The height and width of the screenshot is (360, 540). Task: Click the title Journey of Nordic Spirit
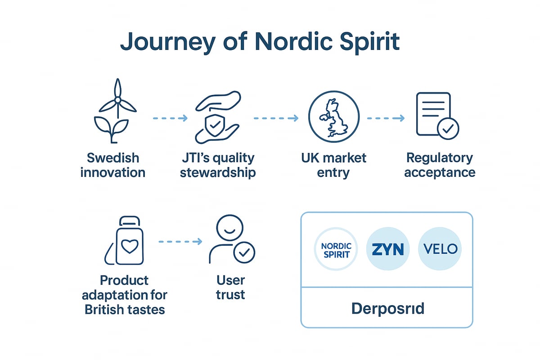click(260, 42)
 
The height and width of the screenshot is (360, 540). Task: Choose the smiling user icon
click(230, 241)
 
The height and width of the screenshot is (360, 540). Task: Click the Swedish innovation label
click(113, 165)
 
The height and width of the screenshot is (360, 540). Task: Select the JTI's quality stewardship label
click(218, 165)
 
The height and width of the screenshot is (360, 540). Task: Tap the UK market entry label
click(333, 165)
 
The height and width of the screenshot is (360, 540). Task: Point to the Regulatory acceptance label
click(440, 165)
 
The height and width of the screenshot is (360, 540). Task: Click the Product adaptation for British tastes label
click(124, 295)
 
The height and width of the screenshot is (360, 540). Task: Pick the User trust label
click(230, 288)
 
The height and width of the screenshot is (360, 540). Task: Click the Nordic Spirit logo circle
click(335, 249)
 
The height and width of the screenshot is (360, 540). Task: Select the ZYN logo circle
click(388, 249)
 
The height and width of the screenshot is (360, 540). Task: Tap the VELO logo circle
click(440, 249)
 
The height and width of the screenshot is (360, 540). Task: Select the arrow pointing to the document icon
click(386, 118)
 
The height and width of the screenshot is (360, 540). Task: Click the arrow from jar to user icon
click(180, 242)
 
